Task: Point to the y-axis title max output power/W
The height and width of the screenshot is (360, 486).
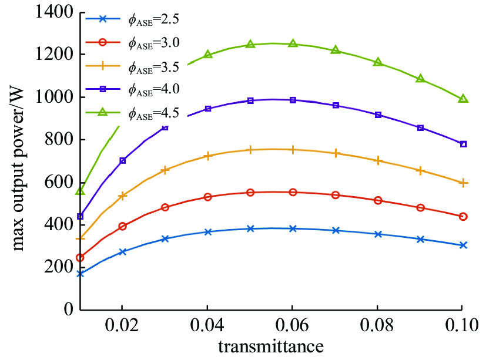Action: (x=19, y=162)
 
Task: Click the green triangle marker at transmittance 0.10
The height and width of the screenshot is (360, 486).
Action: (x=463, y=99)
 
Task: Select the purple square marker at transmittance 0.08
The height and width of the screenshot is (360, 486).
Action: (x=378, y=115)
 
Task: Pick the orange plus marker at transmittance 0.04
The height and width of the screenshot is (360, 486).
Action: (x=207, y=156)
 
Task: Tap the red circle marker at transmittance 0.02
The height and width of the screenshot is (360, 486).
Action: (x=122, y=226)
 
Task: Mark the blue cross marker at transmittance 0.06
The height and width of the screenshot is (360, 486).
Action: (x=293, y=228)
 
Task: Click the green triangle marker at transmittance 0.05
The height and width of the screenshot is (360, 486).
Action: (x=250, y=44)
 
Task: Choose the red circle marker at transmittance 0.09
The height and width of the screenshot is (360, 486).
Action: (x=420, y=208)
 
